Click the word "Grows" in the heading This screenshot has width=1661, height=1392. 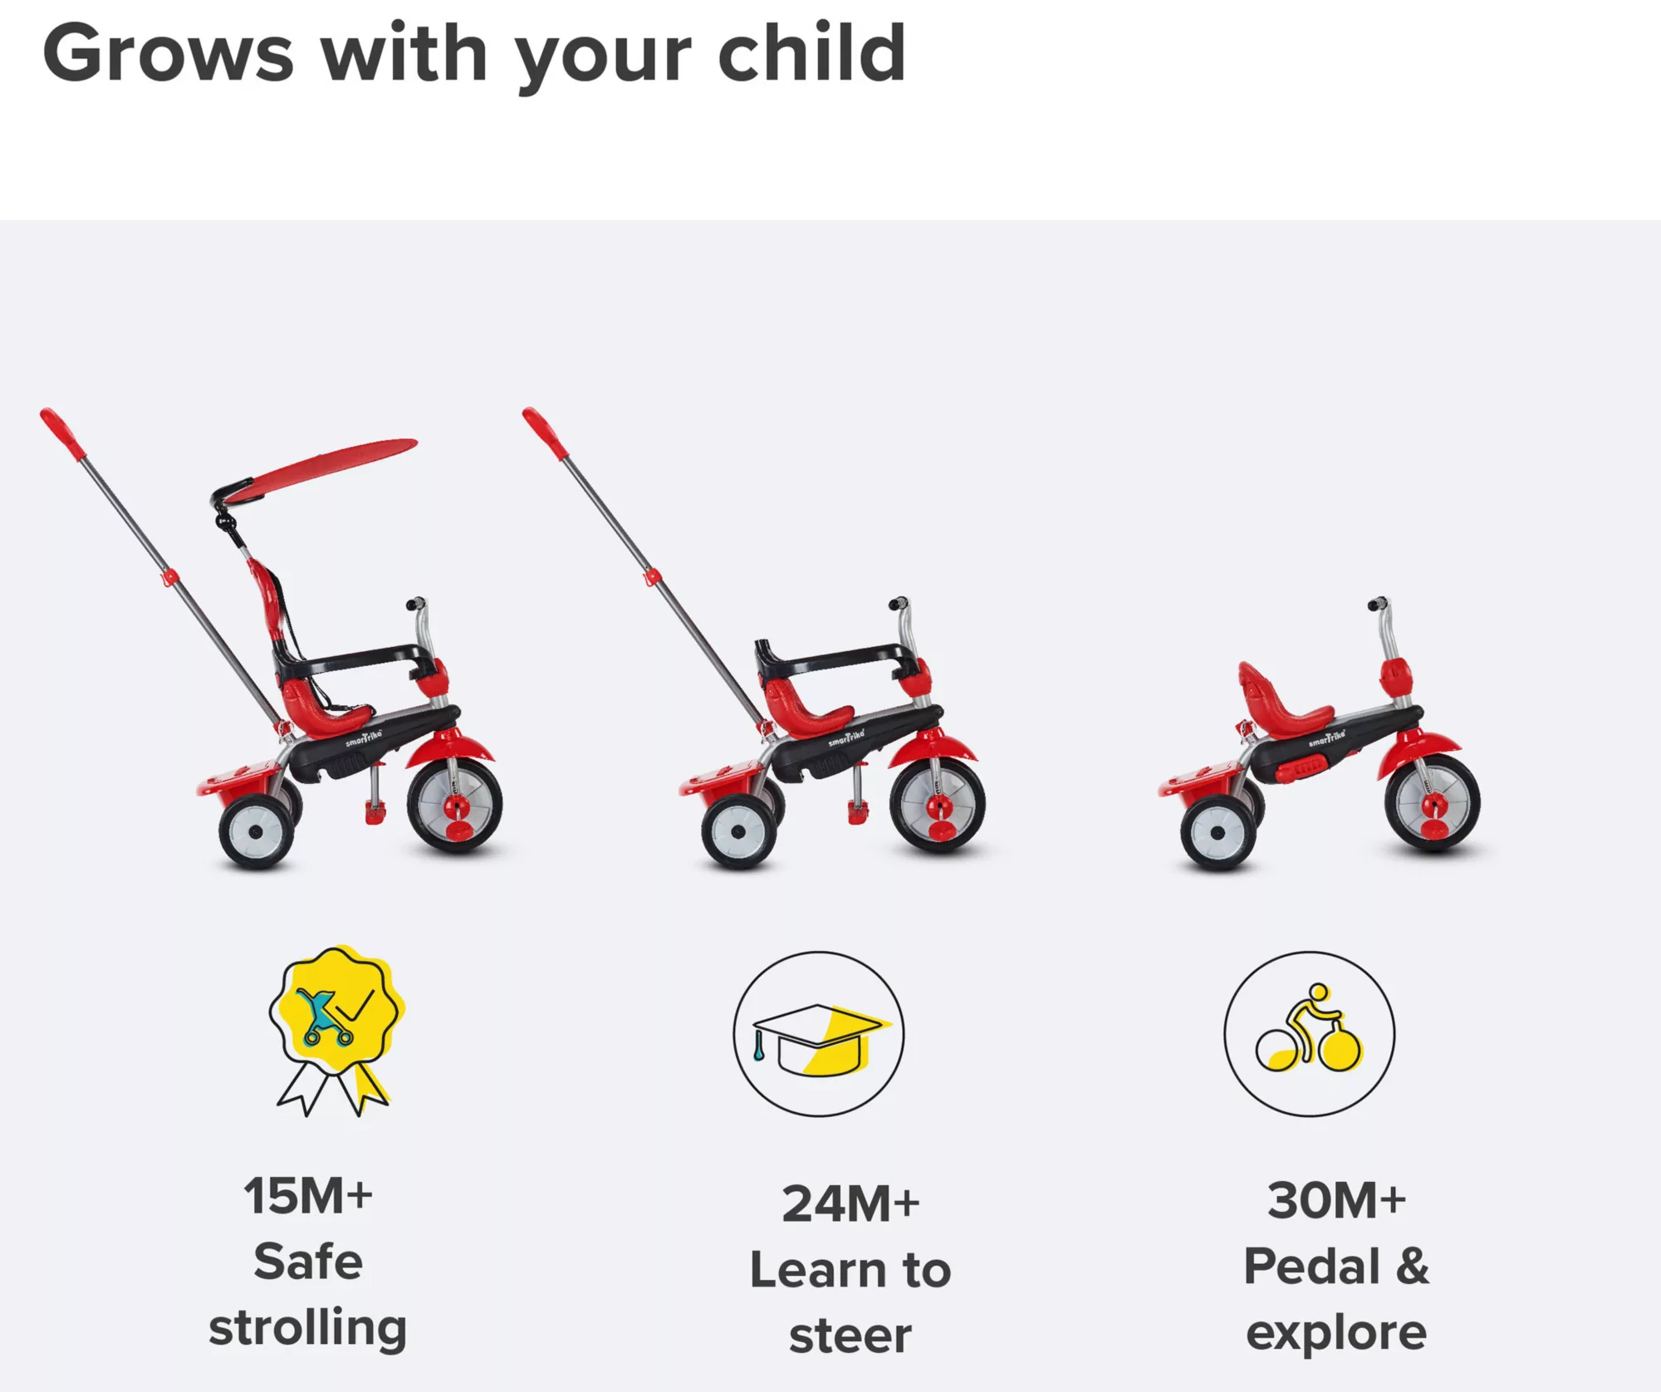coord(169,54)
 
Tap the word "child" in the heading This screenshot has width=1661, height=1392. coord(811,51)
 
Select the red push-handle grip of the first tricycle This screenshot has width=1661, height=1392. coord(63,434)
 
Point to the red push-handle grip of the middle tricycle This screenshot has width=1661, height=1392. coord(546,434)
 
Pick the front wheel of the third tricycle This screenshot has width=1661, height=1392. coord(1433,801)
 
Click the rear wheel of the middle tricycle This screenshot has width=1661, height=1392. coord(738,832)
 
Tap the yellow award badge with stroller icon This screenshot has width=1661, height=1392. coord(336,1030)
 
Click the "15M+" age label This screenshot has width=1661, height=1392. coord(308,1196)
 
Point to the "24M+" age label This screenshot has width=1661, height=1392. coord(851,1204)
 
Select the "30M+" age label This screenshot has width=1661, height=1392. coord(1336,1201)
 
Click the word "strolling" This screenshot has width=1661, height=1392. coord(308,1328)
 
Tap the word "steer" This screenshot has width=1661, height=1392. coord(850,1336)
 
